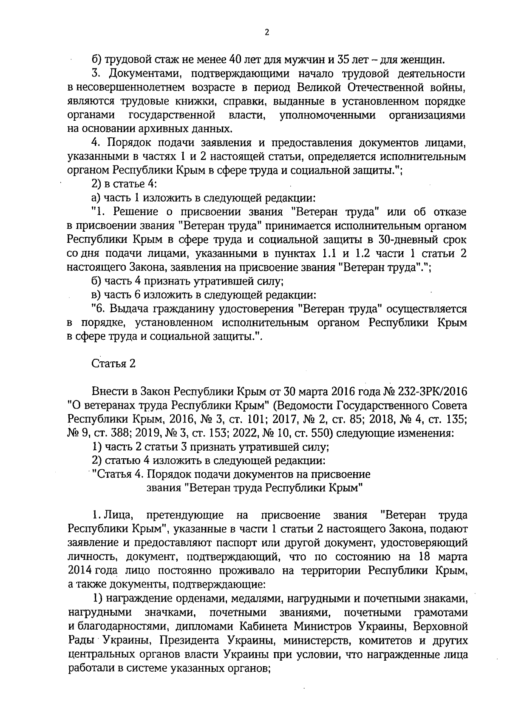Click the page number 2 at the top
(x=266, y=33)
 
